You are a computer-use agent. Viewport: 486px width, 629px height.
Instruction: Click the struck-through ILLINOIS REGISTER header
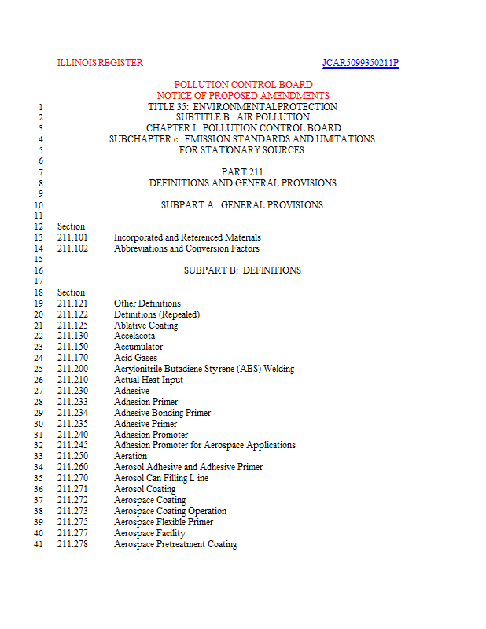[x=100, y=63]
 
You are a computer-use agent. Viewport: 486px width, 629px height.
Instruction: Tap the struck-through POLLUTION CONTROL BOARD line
[x=243, y=85]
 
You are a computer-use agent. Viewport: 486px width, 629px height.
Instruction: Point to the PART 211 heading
[x=242, y=172]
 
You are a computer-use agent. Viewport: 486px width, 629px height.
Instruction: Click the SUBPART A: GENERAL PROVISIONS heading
[x=242, y=205]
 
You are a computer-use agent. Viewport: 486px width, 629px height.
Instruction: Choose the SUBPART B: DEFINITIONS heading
[x=242, y=270]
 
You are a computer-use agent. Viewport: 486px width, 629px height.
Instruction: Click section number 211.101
[x=72, y=237]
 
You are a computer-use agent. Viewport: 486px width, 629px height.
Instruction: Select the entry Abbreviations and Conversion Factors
[x=186, y=248]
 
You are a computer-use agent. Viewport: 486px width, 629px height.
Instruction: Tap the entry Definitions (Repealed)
[x=156, y=314]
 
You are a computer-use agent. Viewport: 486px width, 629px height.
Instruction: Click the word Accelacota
[x=134, y=336]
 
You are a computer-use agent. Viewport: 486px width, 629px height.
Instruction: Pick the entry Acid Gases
[x=135, y=358]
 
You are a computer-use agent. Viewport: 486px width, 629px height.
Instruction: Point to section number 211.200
[x=72, y=369]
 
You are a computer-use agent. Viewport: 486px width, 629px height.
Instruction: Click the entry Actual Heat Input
[x=149, y=380]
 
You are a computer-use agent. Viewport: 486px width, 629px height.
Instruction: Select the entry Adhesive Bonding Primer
[x=162, y=413]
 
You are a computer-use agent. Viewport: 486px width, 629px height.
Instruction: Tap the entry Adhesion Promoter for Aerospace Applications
[x=204, y=445]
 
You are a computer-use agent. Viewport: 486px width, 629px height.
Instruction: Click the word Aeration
[x=131, y=456]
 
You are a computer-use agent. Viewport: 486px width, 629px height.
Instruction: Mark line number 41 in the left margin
[x=38, y=544]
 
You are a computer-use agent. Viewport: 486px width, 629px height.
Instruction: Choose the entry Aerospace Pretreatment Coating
[x=175, y=544]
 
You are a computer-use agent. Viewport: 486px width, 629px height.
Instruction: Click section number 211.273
[x=72, y=511]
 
